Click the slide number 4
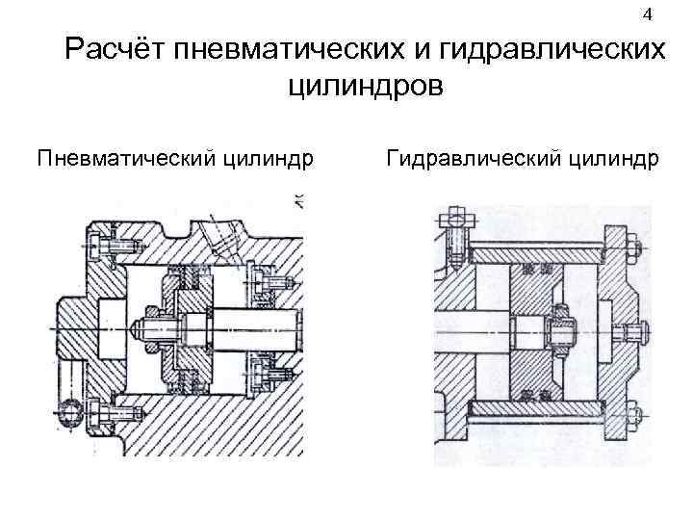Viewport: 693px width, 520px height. click(x=647, y=14)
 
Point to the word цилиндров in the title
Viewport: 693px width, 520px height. click(x=365, y=89)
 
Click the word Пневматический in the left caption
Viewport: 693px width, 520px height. click(x=126, y=157)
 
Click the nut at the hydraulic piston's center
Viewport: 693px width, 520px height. click(x=559, y=333)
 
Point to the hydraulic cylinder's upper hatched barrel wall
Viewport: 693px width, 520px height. click(x=534, y=252)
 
